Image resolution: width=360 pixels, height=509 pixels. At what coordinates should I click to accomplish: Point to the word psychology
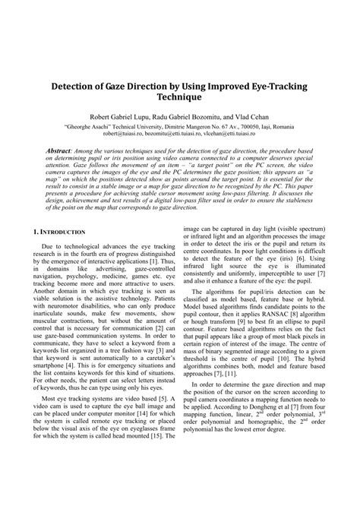[76, 303]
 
